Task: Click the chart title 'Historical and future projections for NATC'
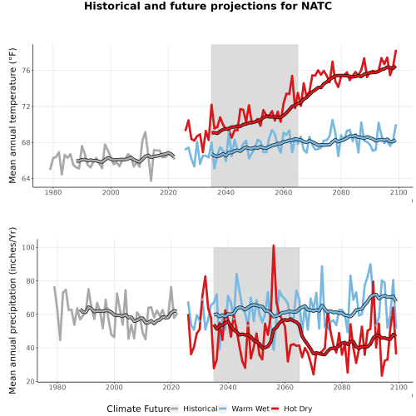[208, 6]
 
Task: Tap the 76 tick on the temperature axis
[26, 71]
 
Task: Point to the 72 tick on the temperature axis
[26, 106]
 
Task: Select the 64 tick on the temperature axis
[26, 179]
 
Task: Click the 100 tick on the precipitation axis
[28, 247]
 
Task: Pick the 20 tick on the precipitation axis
[31, 382]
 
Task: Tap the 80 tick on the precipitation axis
[31, 281]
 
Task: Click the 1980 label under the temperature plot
[53, 192]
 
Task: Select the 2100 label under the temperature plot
[399, 192]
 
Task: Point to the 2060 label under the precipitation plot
[285, 387]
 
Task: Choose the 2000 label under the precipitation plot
[114, 387]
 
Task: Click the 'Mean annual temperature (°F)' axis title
[12, 116]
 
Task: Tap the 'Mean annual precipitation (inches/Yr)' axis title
[12, 310]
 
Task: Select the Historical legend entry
[194, 409]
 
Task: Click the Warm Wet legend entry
[244, 409]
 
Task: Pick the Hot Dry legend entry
[291, 409]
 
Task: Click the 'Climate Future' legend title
[138, 409]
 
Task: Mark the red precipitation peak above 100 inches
[274, 245]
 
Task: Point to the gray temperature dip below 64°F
[151, 181]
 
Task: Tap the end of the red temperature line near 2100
[396, 51]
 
